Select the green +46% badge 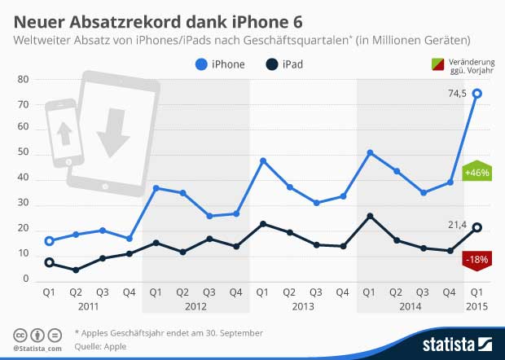click(475, 173)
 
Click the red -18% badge click(475, 258)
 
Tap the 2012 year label click(195, 307)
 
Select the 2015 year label click(476, 307)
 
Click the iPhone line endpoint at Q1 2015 click(476, 93)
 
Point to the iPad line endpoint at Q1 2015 click(476, 227)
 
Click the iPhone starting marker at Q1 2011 click(50, 241)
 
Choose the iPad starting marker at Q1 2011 click(50, 262)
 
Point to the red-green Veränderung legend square click(436, 64)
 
